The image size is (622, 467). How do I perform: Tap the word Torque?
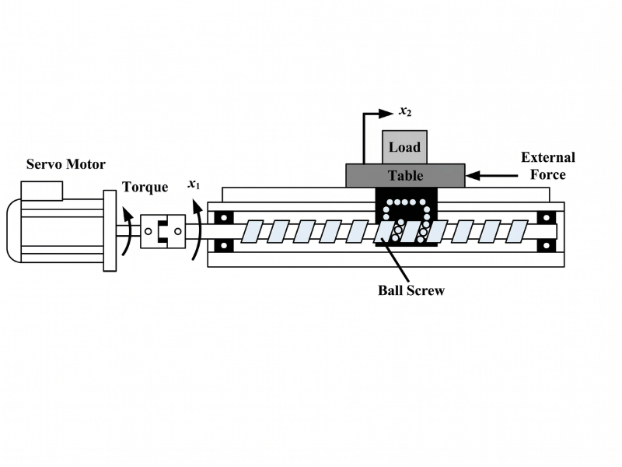[x=145, y=188]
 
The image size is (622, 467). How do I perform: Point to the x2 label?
[x=405, y=111]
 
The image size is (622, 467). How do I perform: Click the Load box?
[x=404, y=147]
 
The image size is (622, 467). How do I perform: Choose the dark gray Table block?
[x=405, y=175]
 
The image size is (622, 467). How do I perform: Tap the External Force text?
[x=547, y=166]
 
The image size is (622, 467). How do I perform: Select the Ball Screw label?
[x=411, y=290]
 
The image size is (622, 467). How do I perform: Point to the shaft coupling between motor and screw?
[x=163, y=231]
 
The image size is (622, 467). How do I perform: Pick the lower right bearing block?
[x=547, y=247]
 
